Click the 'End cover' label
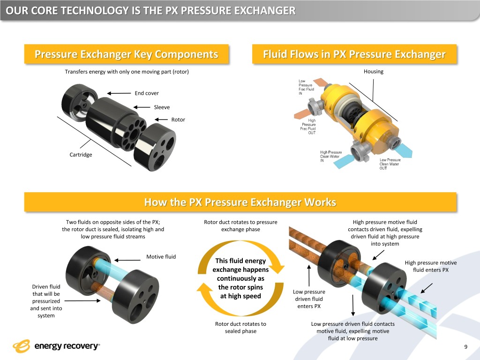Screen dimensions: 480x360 coord(147,93)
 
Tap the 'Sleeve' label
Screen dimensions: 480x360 coord(162,107)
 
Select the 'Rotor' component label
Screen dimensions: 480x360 coord(178,120)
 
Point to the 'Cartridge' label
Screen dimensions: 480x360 coord(81,155)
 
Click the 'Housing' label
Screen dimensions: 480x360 coord(374,71)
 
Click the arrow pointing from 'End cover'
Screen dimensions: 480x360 coord(119,93)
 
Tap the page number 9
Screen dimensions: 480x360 coord(466,347)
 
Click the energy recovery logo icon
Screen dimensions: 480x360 coord(22,346)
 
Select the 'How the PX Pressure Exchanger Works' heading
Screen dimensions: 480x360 coord(240,202)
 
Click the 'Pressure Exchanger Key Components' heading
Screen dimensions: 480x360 coord(127,54)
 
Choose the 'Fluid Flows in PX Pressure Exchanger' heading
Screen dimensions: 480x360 coord(354,54)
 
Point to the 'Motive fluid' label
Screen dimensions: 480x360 coord(161,257)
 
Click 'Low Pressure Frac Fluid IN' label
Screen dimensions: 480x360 coord(306,87)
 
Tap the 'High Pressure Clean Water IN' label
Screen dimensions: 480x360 coord(331,157)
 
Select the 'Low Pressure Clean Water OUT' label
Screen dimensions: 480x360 coord(390,164)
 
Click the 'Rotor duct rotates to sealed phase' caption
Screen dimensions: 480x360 coord(240,327)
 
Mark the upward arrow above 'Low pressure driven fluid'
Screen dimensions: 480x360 coord(309,276)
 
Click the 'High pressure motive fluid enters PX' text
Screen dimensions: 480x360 coord(431,266)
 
